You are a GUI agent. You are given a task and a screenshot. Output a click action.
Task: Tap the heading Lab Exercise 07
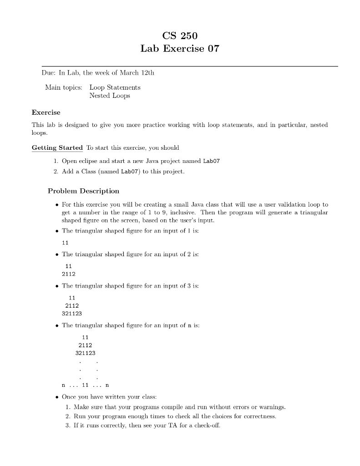click(x=180, y=49)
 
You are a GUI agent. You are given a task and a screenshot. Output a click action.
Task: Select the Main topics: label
click(x=63, y=87)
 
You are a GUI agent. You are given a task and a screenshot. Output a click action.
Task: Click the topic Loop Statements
click(x=115, y=87)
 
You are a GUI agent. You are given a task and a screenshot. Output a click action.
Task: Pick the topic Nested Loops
click(x=109, y=96)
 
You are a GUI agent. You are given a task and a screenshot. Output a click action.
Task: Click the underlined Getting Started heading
click(x=57, y=147)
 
